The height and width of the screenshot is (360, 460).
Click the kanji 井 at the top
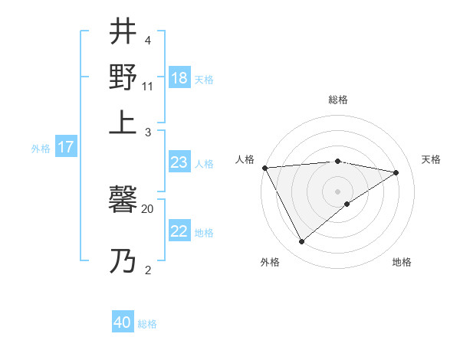tap(123, 32)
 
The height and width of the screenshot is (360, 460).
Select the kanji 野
tap(123, 77)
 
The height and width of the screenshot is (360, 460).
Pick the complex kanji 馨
tap(123, 201)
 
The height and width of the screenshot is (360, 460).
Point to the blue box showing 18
tap(179, 78)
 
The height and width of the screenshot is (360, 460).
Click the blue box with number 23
tap(179, 162)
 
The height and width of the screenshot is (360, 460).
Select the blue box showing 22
tap(179, 232)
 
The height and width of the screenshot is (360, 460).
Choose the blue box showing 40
tap(123, 323)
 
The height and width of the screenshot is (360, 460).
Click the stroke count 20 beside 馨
tap(147, 208)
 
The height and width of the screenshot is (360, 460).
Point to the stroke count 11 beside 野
tap(147, 85)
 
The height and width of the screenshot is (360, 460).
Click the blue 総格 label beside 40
tap(147, 324)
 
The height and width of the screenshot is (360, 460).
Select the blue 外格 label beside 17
tap(41, 149)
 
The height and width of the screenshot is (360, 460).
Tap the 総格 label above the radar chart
tap(337, 100)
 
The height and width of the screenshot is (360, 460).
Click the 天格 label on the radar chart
tap(431, 159)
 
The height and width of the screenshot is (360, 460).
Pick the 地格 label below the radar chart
tap(402, 262)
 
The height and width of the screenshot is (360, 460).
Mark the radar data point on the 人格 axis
tap(264, 168)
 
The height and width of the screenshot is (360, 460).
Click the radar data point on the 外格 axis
tap(301, 241)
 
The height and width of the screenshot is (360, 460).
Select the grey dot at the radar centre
tap(337, 191)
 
